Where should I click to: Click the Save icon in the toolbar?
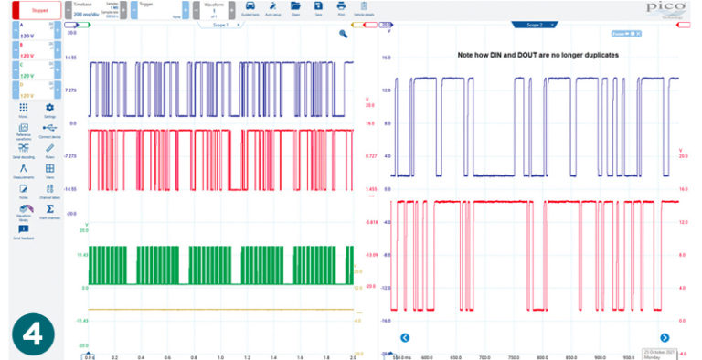(317, 8)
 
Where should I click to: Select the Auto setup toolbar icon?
(272, 8)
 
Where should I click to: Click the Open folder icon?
(294, 8)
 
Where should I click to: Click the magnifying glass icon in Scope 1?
(344, 34)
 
